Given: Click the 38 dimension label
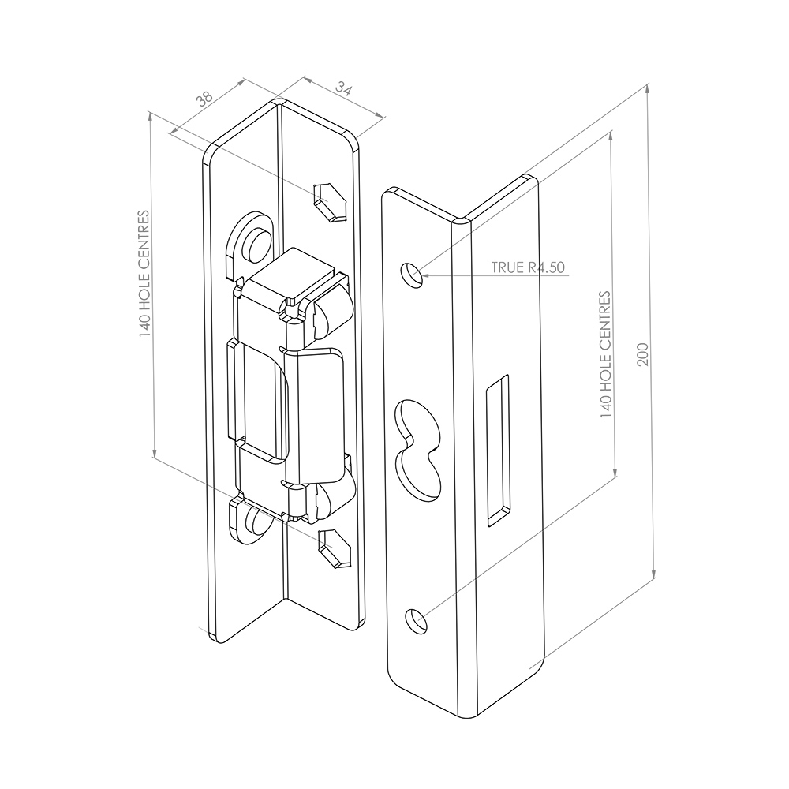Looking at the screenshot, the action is pyautogui.click(x=206, y=98).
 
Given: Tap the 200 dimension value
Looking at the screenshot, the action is pyautogui.click(x=643, y=354).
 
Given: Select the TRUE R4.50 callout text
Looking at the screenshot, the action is pyautogui.click(x=529, y=267).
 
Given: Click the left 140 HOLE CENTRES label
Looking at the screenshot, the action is pyautogui.click(x=144, y=275).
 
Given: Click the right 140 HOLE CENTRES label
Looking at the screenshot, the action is pyautogui.click(x=605, y=354).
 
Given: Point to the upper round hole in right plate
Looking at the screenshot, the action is pyautogui.click(x=412, y=275).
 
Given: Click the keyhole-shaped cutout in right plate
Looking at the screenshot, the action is pyautogui.click(x=418, y=451).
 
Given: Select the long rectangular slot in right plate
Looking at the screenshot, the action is pyautogui.click(x=498, y=451).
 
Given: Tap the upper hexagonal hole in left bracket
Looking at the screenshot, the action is pyautogui.click(x=331, y=202).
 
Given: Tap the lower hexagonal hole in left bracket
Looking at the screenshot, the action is pyautogui.click(x=335, y=549).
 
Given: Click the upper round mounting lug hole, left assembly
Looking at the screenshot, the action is pyautogui.click(x=256, y=244).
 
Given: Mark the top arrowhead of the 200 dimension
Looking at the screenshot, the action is pyautogui.click(x=648, y=89).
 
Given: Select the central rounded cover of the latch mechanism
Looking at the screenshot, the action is pyautogui.click(x=312, y=415).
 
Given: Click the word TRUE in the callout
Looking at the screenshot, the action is pyautogui.click(x=507, y=267).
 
